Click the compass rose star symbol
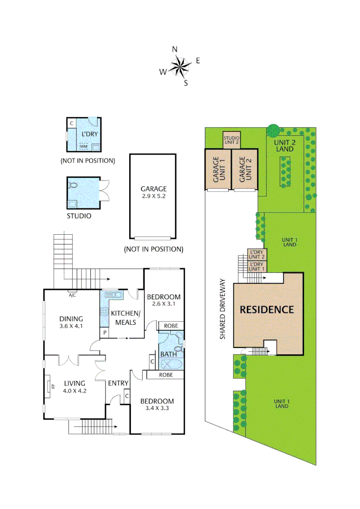click(179, 66)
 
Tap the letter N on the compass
click(175, 49)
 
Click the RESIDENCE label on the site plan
click(267, 310)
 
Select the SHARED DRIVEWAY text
click(223, 309)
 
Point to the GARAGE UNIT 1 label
click(217, 170)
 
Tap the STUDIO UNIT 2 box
click(231, 140)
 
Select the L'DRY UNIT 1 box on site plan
click(257, 267)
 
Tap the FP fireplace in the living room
click(52, 387)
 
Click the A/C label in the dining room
click(72, 296)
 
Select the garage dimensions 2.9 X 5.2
click(153, 196)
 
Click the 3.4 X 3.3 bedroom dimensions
click(157, 409)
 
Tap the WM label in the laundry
click(84, 147)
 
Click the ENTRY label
click(118, 383)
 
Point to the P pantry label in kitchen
click(104, 333)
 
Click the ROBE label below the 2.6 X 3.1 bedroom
click(170, 326)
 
